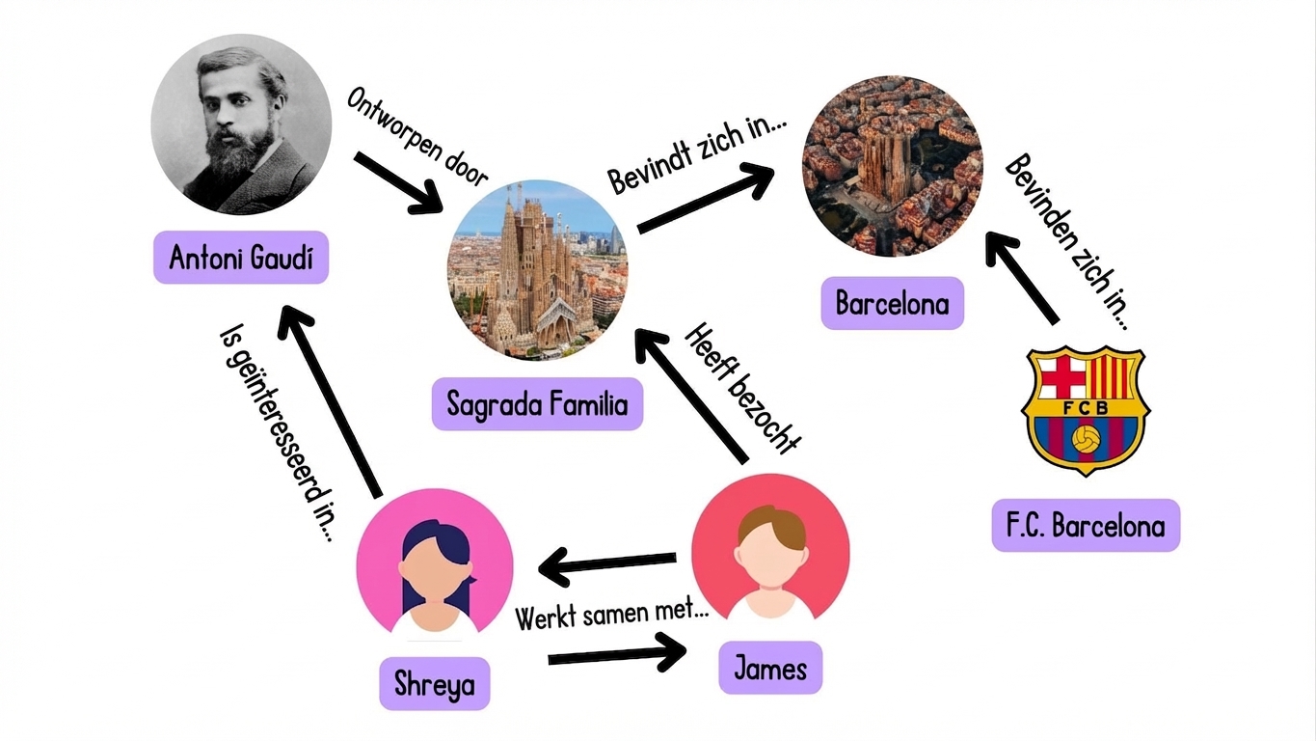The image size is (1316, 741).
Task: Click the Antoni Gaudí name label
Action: click(x=241, y=258)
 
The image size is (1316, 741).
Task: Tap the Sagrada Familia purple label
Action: click(x=537, y=403)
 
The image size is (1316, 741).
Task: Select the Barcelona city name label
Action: click(x=892, y=304)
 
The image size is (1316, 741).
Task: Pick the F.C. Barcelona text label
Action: click(x=1086, y=526)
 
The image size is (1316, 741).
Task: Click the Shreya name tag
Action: click(x=434, y=683)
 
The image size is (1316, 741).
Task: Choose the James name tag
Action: click(x=770, y=668)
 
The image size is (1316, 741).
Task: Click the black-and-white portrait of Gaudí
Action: click(x=241, y=125)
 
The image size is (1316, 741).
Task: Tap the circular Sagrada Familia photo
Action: click(x=537, y=270)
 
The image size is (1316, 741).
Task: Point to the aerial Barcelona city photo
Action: click(x=893, y=166)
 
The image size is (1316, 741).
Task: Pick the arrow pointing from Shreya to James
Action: click(x=617, y=656)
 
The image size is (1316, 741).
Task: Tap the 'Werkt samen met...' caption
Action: click(x=605, y=614)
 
